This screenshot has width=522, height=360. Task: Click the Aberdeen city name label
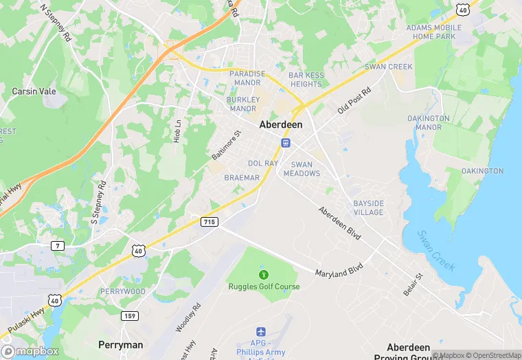click(281, 126)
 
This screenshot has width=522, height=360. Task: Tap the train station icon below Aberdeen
click(285, 142)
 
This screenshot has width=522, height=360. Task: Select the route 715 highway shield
click(210, 221)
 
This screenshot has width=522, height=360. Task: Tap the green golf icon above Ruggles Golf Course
click(264, 275)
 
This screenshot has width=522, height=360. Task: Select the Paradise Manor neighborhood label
click(247, 78)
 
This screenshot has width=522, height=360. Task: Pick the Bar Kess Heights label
click(306, 79)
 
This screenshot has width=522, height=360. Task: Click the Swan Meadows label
click(306, 169)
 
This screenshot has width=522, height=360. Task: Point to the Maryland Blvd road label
click(339, 268)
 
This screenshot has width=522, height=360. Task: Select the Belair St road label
click(415, 283)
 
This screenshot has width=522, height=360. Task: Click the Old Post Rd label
click(354, 100)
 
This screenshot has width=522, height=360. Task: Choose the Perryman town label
click(120, 344)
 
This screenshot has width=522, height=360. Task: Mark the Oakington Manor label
click(429, 122)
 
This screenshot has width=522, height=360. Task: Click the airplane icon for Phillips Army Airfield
click(260, 333)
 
